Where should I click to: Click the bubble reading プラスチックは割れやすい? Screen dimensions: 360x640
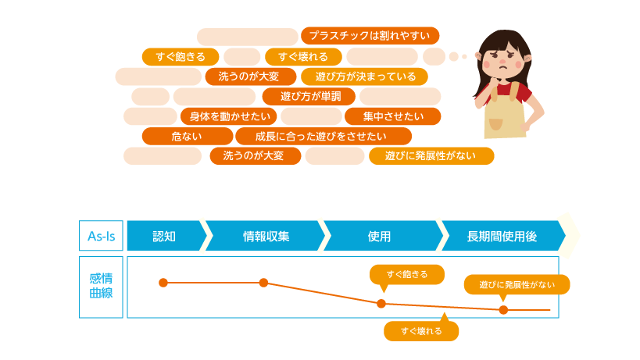370,36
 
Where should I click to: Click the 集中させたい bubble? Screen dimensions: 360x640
392,117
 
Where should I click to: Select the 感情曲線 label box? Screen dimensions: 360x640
100,287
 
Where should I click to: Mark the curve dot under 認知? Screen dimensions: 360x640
163,283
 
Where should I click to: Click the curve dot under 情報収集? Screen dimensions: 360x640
263,283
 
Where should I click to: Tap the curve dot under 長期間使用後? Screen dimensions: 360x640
503,309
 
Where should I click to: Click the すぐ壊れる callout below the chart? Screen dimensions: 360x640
421,331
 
